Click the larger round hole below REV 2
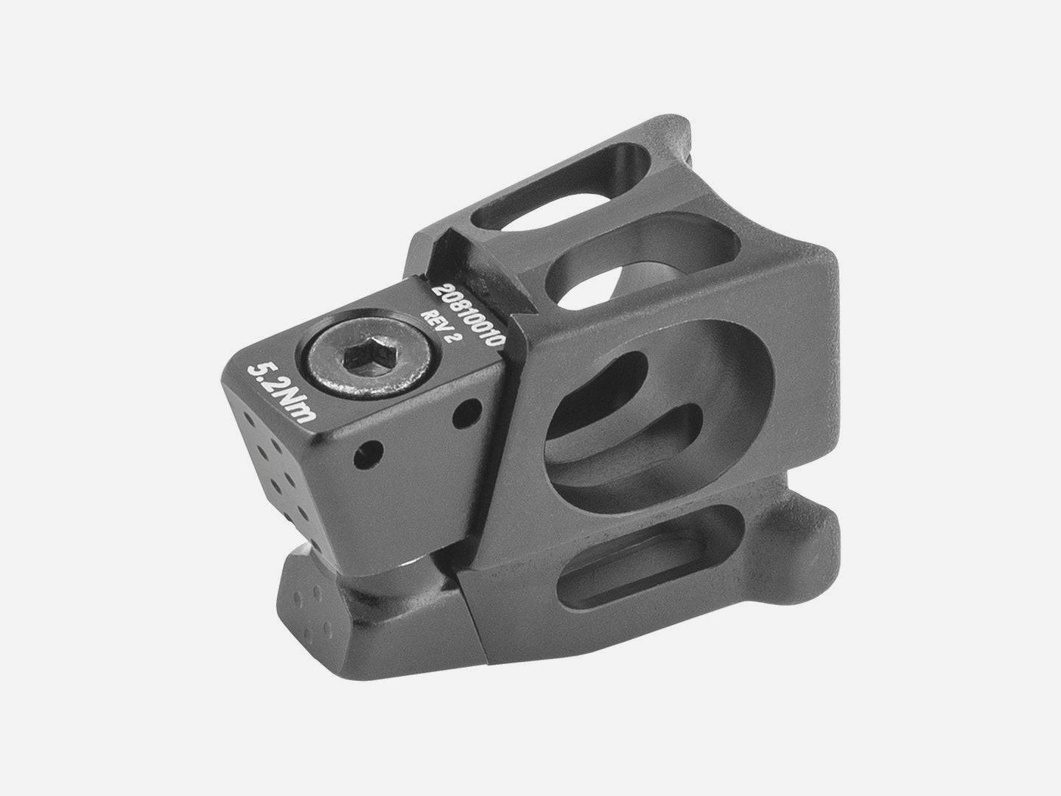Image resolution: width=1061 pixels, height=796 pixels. pos(467,413)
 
